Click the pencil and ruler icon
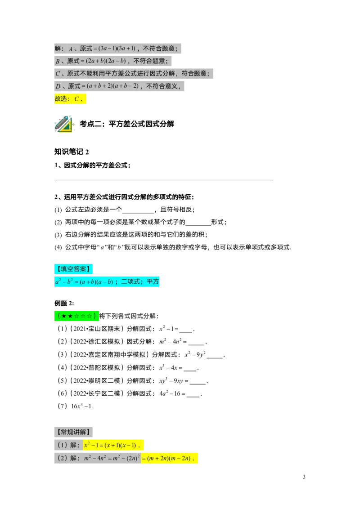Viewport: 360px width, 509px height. point(64,124)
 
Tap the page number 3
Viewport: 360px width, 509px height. point(304,477)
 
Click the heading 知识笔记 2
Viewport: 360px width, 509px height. point(72,152)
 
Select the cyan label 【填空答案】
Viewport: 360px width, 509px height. point(73,269)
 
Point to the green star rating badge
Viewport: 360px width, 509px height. point(76,316)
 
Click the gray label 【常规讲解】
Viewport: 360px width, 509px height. point(73,432)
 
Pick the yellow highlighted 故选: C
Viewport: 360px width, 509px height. point(70,98)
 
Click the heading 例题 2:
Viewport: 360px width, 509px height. point(64,303)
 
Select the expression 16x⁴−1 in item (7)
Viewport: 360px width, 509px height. point(82,406)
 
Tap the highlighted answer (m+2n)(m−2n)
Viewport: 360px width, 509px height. point(169,458)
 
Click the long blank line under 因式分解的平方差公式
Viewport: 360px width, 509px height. point(164,179)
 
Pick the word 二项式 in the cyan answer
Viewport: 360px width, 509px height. point(130,281)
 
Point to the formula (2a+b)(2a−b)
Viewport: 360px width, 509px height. point(106,61)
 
